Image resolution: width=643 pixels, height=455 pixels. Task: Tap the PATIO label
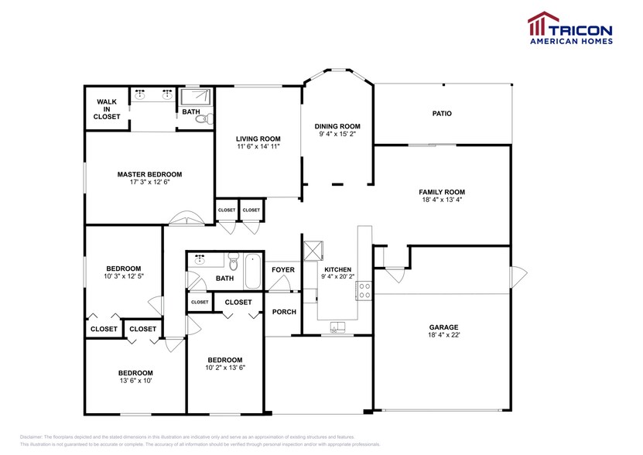coord(442,114)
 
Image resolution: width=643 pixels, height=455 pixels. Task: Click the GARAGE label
coord(442,327)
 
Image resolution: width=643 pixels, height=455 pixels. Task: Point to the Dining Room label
coord(337,126)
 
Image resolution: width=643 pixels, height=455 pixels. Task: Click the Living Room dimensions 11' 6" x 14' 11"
coord(258,146)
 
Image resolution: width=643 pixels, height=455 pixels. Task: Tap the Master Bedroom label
coord(149,174)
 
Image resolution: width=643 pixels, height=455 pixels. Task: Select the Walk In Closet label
coord(107,109)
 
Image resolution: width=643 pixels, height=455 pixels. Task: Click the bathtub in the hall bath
coord(252,272)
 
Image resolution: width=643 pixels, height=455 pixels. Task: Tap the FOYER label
coord(282,270)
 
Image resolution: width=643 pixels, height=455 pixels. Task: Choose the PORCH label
coord(284,313)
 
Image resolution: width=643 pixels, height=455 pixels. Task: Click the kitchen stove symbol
coord(363,290)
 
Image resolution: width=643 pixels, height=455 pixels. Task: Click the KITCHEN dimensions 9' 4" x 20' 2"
coord(337,277)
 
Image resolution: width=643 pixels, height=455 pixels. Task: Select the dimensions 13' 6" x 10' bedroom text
coord(135,381)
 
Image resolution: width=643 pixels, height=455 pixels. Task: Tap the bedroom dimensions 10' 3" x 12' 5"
coord(123,275)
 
